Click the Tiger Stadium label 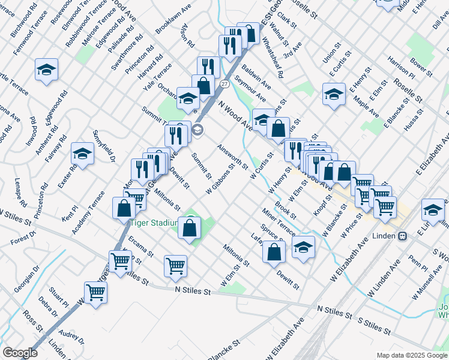coord(153,223)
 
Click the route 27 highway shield coord(223,83)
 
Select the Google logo coord(20,353)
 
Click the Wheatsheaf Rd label coord(273,59)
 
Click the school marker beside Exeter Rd coord(82,154)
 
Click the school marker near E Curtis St coord(334,94)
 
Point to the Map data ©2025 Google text coord(411,355)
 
